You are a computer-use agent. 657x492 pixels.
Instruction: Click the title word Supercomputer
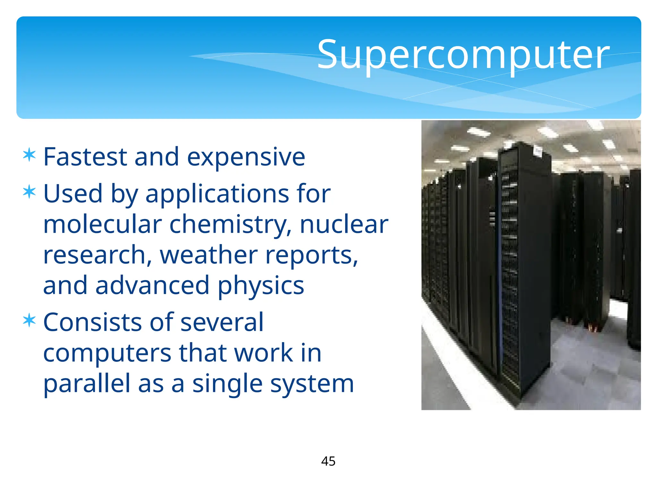[x=463, y=54]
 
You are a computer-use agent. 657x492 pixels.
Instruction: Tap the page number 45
[x=328, y=461]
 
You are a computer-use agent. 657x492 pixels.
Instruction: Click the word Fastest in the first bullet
[x=85, y=157]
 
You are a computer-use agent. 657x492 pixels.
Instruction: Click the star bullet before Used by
[x=29, y=192]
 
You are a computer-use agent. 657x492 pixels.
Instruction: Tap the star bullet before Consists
[x=29, y=320]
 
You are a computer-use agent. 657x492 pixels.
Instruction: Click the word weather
[x=209, y=255]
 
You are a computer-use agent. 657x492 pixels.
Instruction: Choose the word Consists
[x=92, y=322]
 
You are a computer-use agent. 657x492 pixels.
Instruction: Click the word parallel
[x=87, y=384]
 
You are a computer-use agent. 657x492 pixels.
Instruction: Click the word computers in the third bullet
[x=107, y=354]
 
